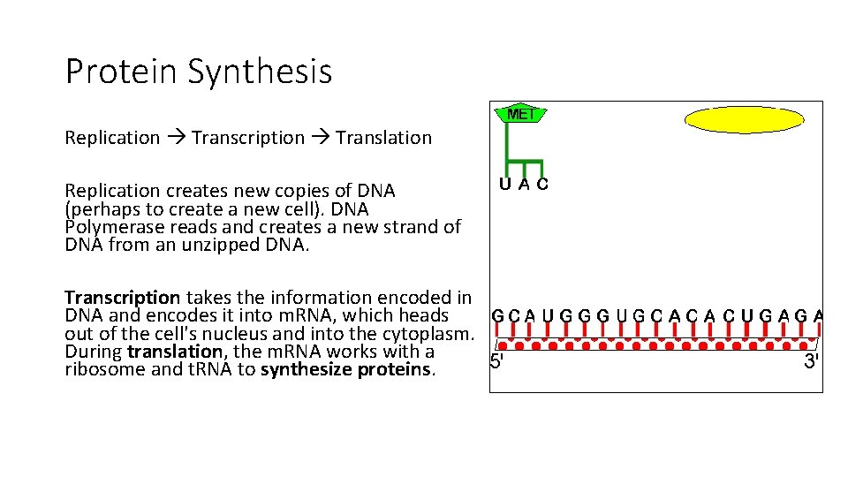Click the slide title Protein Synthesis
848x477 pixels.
199,71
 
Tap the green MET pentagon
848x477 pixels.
522,114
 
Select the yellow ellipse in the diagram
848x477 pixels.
745,119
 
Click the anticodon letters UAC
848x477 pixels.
523,185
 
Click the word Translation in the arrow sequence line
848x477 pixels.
383,138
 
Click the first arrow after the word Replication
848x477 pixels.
176,138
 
